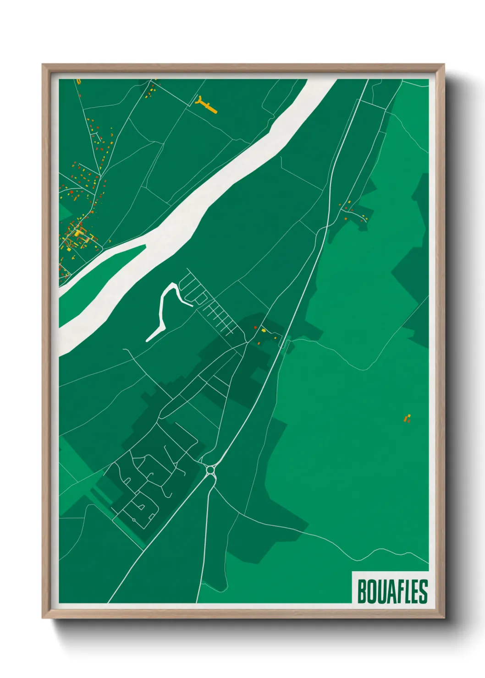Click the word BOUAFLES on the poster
click(392, 591)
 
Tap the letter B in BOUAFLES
click(361, 591)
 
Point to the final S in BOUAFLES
click(423, 591)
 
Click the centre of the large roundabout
click(210, 470)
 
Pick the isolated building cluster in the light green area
click(407, 418)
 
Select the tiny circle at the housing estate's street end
click(133, 519)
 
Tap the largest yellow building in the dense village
click(79, 233)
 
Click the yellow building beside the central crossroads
click(264, 330)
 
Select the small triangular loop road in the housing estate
click(142, 507)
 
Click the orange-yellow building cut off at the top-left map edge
click(78, 82)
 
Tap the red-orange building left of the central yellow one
click(255, 328)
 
